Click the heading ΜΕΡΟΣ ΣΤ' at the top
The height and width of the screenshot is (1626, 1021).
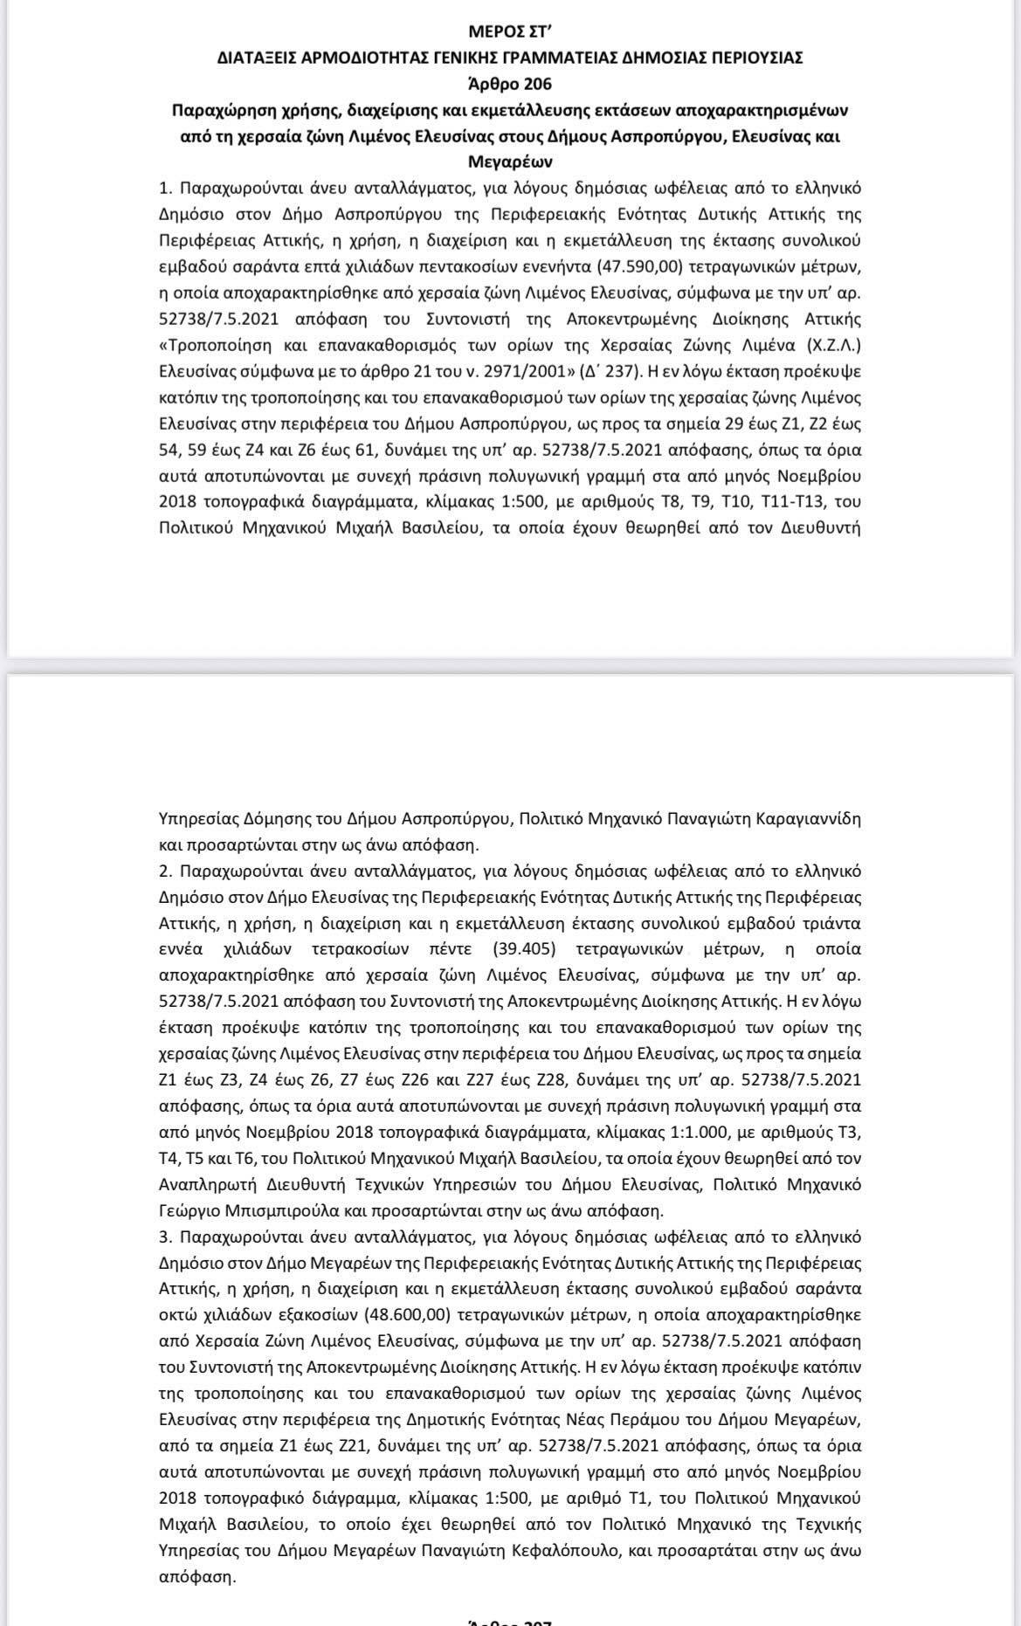510,34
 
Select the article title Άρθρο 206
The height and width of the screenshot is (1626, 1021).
510,84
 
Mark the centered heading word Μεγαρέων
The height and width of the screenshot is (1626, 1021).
510,162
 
